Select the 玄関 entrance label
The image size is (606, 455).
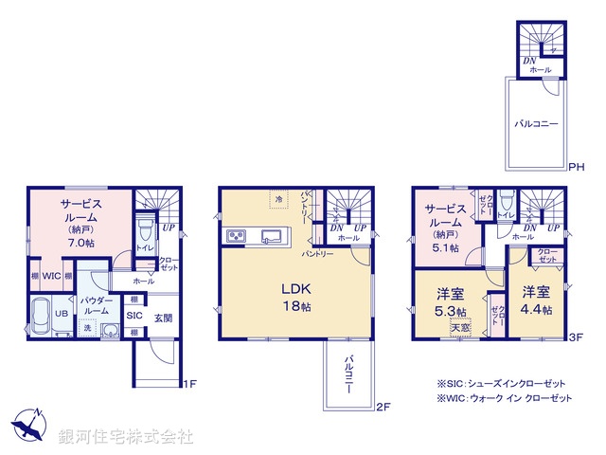pyautogui.click(x=163, y=316)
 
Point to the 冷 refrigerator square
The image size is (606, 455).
pyautogui.click(x=277, y=199)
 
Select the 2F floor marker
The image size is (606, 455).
pyautogui.click(x=382, y=408)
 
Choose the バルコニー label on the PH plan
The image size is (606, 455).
pyautogui.click(x=536, y=124)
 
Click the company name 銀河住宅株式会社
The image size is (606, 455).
pyautogui.click(x=125, y=437)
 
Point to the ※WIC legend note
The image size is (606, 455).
pyautogui.click(x=504, y=399)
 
